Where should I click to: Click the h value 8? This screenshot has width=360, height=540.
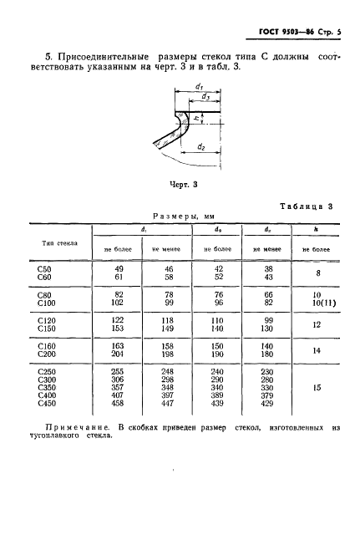point(316,272)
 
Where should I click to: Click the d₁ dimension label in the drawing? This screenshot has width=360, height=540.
point(198,86)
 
